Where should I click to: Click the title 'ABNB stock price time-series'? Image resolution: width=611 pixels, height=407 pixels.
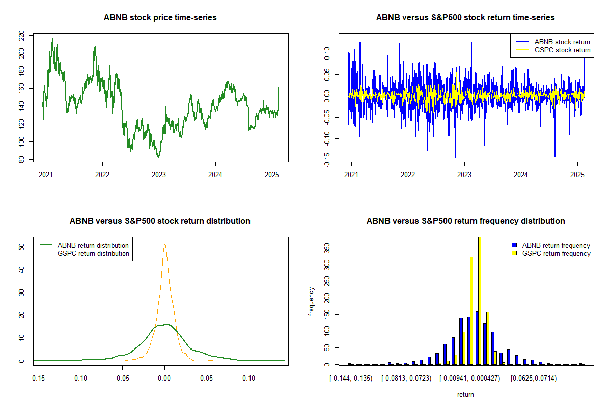(x=160, y=18)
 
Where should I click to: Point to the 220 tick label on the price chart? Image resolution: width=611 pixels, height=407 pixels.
(x=21, y=35)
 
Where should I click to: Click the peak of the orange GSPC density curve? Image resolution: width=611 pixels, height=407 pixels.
(x=164, y=245)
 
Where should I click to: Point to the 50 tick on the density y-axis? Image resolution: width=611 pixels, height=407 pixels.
(x=21, y=247)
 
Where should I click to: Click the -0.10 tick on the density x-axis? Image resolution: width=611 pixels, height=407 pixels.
(x=79, y=378)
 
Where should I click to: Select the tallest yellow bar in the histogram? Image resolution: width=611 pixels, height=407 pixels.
(x=479, y=300)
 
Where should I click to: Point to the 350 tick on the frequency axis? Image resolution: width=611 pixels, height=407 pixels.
(x=327, y=248)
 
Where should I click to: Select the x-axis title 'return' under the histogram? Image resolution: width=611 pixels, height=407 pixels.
(x=465, y=394)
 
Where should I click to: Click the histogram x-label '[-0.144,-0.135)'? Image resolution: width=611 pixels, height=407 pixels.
(x=351, y=378)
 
